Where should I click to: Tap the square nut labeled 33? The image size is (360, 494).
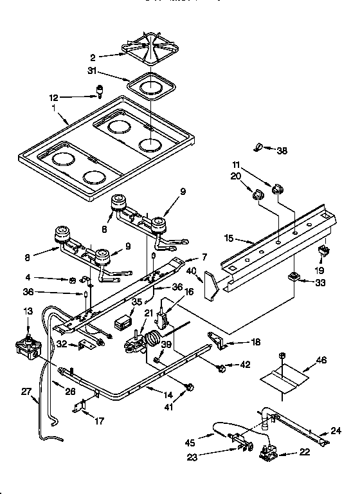coord(294,277)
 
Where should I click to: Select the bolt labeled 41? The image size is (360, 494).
coord(188,387)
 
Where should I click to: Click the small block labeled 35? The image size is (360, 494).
coord(122,321)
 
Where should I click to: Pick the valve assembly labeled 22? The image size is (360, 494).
coord(269,455)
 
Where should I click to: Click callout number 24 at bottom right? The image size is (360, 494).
coord(336,431)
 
